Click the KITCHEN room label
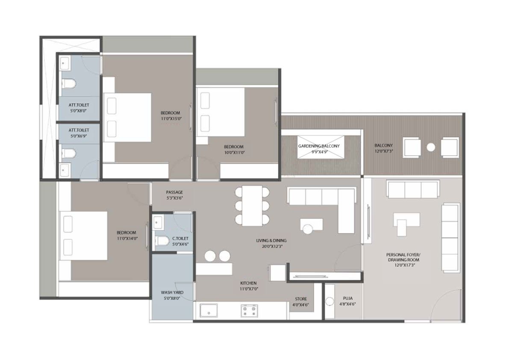[x=248, y=283]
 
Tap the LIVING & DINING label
[x=271, y=241]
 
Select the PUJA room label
[x=347, y=298]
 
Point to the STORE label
[x=301, y=299]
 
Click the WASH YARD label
[x=172, y=292]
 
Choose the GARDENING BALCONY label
[x=319, y=146]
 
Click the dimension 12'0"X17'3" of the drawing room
[x=403, y=265]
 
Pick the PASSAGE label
[x=174, y=192]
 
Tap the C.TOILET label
[x=180, y=238]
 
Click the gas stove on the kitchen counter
[x=249, y=311]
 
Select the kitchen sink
[x=209, y=310]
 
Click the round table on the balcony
[x=431, y=148]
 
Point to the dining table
[x=252, y=206]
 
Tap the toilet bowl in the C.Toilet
[x=162, y=241]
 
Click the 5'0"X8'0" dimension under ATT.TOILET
[x=79, y=111]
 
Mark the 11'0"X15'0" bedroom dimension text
[x=171, y=118]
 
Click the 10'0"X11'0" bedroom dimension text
[x=234, y=152]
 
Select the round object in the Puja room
[x=330, y=301]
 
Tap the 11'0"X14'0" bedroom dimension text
[x=127, y=238]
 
